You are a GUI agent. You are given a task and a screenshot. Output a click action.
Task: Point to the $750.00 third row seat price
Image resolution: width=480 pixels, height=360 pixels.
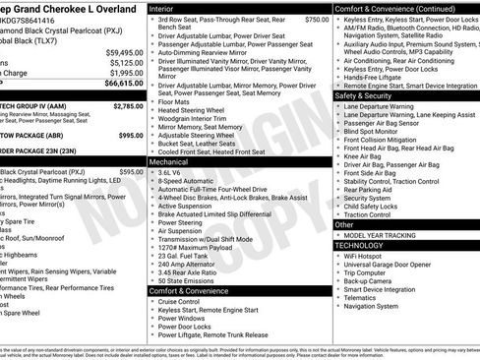[x=317, y=20]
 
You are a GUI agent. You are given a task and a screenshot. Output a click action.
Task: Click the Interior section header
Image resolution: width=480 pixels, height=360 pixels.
[x=162, y=8]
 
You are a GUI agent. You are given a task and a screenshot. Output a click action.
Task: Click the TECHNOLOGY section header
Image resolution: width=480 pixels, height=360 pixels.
[x=362, y=245]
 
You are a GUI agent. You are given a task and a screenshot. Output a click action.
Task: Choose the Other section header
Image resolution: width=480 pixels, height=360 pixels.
[x=345, y=224]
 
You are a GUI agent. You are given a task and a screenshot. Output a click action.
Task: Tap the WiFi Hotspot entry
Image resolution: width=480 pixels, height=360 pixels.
[x=371, y=256]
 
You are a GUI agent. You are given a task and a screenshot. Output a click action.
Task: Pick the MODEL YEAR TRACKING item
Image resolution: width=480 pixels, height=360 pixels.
[x=390, y=235]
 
